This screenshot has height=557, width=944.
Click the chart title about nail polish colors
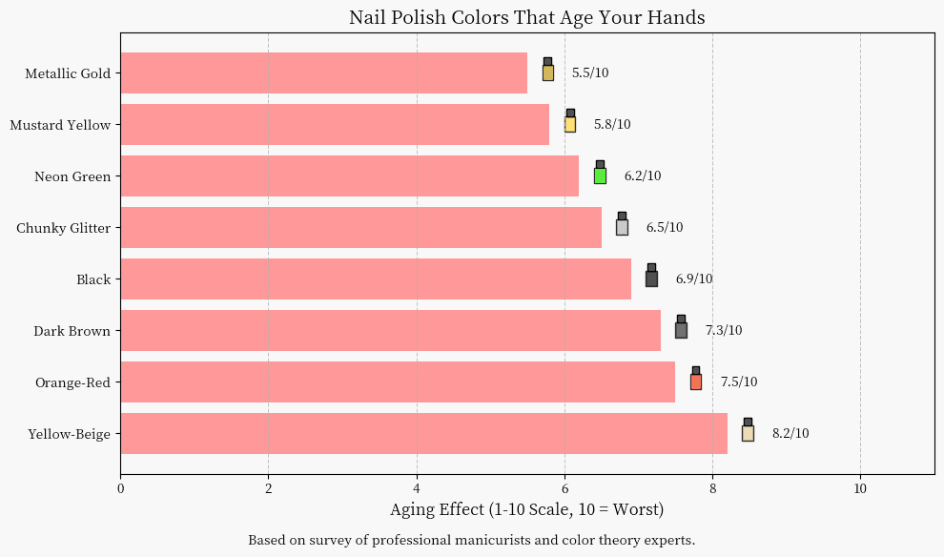(x=527, y=17)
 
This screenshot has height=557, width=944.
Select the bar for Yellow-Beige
(x=423, y=433)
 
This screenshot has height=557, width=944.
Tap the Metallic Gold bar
(x=324, y=72)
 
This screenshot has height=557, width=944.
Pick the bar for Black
(x=376, y=278)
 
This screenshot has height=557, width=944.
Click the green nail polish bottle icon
(x=600, y=174)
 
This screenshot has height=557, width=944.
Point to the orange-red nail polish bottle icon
(x=696, y=380)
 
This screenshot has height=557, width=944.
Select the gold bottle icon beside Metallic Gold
(x=548, y=71)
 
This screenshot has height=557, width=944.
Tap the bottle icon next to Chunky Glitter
(x=622, y=225)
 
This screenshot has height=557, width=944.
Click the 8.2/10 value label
(x=790, y=434)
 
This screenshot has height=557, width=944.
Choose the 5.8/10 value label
(x=612, y=125)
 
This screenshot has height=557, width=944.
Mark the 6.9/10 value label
(x=694, y=279)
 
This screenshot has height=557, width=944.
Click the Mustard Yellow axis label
(x=60, y=125)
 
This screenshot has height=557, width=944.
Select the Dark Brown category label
(x=72, y=331)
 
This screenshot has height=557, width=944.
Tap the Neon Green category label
(x=72, y=176)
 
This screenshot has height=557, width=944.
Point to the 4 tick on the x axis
(x=417, y=488)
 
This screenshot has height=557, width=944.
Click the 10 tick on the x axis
(x=860, y=488)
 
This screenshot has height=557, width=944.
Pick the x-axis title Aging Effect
(x=526, y=510)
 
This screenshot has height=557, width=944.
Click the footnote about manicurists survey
(x=471, y=540)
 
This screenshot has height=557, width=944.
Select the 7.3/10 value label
(x=724, y=331)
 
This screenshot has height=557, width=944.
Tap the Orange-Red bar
(x=398, y=382)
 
